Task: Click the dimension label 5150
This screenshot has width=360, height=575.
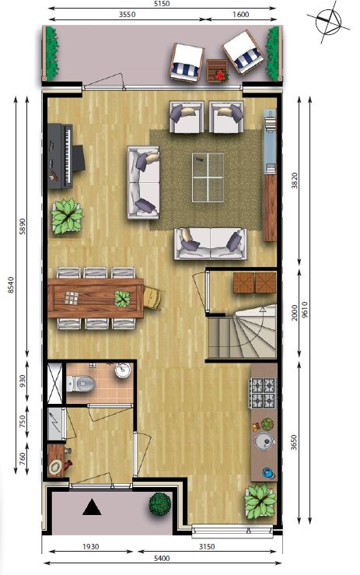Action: (x=162, y=4)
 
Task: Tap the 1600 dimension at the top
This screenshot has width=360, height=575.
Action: (x=240, y=15)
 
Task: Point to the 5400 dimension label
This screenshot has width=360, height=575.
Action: (x=162, y=559)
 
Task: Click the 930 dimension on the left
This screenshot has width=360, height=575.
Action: (x=22, y=381)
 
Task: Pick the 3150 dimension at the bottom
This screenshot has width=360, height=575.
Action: (x=207, y=547)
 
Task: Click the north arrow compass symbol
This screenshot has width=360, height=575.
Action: (x=328, y=21)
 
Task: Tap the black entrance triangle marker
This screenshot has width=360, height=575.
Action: (x=92, y=508)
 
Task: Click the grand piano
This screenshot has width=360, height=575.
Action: (x=66, y=156)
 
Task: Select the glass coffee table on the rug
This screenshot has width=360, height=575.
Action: (x=208, y=177)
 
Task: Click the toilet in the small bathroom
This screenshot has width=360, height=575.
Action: (x=81, y=384)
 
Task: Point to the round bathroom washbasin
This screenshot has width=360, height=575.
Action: (x=123, y=370)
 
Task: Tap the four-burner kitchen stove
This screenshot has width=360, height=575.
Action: (x=263, y=393)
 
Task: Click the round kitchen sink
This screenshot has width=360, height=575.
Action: (x=264, y=441)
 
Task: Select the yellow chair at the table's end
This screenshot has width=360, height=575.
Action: (x=152, y=298)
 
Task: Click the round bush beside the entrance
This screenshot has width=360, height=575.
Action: (x=160, y=503)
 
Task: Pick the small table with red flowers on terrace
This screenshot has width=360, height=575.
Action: (x=217, y=71)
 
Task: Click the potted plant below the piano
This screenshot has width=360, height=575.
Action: (x=67, y=217)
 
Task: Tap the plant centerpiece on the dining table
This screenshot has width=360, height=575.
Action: (x=122, y=299)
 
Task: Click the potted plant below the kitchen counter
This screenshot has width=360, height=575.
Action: (x=260, y=502)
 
